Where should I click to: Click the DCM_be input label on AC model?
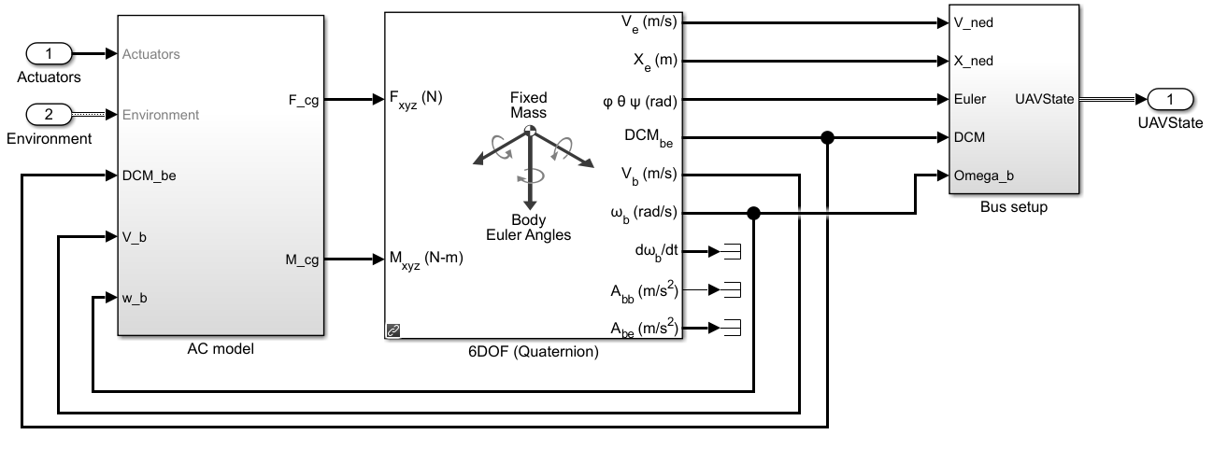tap(149, 175)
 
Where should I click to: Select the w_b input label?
tap(135, 299)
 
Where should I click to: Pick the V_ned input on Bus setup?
tap(974, 22)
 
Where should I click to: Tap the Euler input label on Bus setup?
tap(970, 99)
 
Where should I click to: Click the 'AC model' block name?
tap(221, 350)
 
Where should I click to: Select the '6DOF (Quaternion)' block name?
tap(534, 353)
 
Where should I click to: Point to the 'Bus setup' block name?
tap(1014, 207)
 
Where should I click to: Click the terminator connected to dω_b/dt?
tap(733, 251)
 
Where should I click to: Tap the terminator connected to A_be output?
tap(733, 328)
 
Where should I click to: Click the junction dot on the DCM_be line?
tap(827, 137)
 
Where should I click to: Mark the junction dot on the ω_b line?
tap(754, 214)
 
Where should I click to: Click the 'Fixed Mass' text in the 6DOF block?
tap(528, 105)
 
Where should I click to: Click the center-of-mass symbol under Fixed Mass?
tap(529, 131)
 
